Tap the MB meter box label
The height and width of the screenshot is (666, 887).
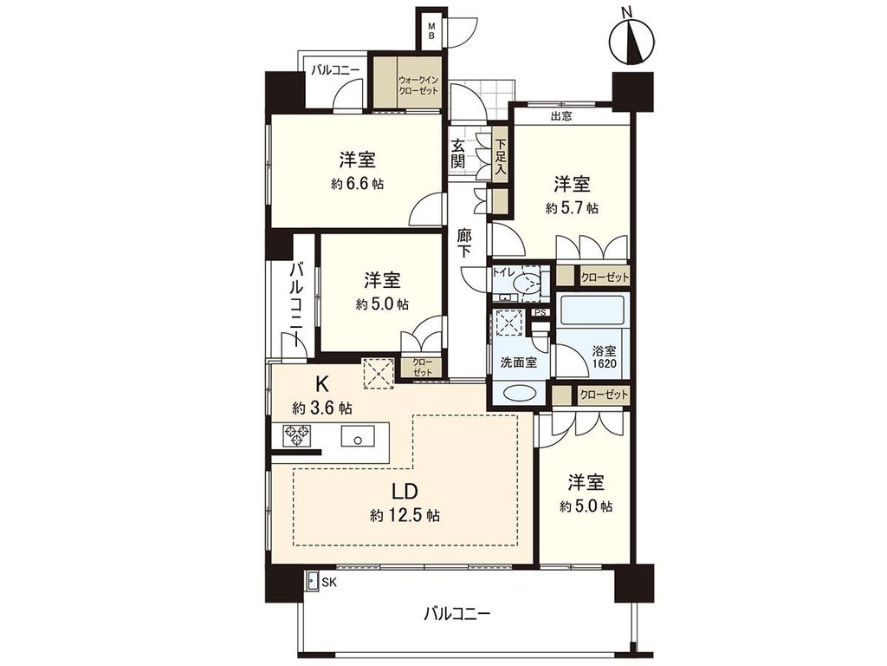(x=431, y=31)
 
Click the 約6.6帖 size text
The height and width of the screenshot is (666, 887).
(x=357, y=184)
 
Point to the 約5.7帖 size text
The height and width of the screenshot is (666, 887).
(x=572, y=208)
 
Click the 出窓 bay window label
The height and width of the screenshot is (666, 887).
(x=560, y=115)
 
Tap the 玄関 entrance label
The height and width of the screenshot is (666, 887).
(x=457, y=153)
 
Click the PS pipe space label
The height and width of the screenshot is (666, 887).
(x=540, y=313)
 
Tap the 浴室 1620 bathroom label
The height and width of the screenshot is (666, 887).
(x=605, y=358)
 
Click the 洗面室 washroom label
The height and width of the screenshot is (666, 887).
(x=517, y=362)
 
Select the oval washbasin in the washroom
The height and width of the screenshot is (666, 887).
(x=518, y=392)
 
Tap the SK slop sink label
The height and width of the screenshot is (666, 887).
(x=329, y=582)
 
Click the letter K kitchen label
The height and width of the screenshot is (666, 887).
(x=321, y=382)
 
